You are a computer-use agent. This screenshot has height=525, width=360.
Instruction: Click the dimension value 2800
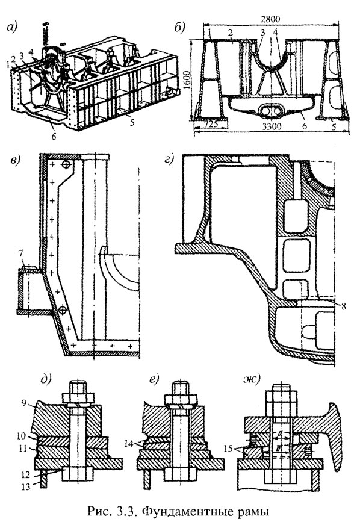tap(270, 19)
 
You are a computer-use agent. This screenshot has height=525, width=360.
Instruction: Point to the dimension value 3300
tap(272, 126)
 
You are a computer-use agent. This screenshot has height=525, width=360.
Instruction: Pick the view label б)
tap(180, 28)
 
